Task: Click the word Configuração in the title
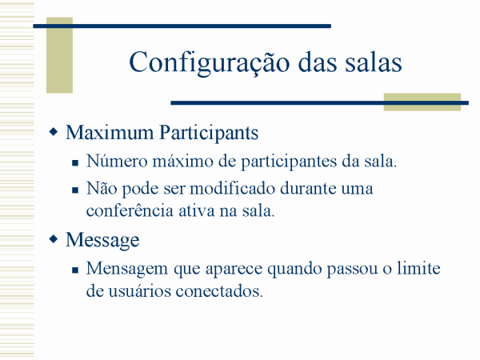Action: (x=210, y=63)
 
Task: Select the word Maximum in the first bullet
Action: (x=110, y=133)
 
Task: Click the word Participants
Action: (x=209, y=134)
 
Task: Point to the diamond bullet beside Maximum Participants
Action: (x=54, y=132)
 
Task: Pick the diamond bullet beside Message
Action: (x=54, y=239)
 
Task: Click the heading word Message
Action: (x=102, y=240)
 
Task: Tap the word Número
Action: (x=117, y=161)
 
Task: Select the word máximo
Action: (x=182, y=162)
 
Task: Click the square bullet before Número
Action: (x=75, y=162)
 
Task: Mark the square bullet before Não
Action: (x=75, y=190)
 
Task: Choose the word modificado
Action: (x=232, y=188)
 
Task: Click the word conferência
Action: (x=130, y=211)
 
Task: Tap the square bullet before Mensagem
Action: (x=75, y=270)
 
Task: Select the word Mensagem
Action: (x=127, y=270)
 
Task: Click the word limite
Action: (x=418, y=268)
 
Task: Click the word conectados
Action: (x=219, y=291)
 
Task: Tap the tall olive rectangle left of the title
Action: (x=59, y=55)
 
